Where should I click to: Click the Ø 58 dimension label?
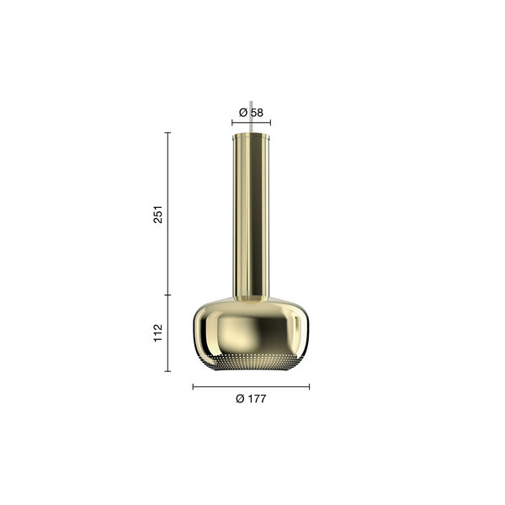pos(251,112)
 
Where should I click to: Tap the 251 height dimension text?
pos(157,214)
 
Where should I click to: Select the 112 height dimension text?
pos(157,333)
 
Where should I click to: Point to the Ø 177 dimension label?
pos(251,399)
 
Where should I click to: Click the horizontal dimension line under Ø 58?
pos(251,123)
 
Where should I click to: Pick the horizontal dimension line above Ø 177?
pos(251,387)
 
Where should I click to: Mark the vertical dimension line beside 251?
pos(167,214)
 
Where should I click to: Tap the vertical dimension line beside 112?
pos(167,333)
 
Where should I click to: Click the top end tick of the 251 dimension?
pos(167,132)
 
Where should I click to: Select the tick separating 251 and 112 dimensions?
pos(167,295)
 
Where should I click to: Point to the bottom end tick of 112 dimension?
pos(167,371)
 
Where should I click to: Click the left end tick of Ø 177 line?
pos(193,387)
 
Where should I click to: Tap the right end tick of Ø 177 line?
pos(309,387)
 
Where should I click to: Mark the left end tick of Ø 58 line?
pos(232,123)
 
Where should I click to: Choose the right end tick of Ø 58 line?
pos(270,123)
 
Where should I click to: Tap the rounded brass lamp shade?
pos(251,328)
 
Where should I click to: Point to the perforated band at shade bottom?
pos(251,363)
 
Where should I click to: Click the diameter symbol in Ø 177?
pos(240,399)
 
